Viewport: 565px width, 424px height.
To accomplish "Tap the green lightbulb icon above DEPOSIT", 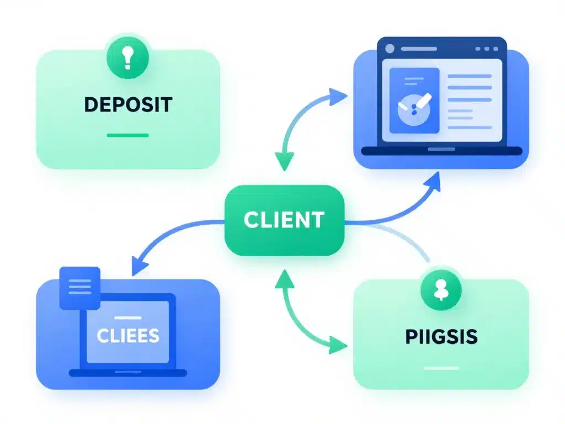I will pos(127,58).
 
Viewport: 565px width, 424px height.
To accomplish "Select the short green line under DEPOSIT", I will pos(127,135).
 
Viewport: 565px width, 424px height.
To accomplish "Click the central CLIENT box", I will pos(284,220).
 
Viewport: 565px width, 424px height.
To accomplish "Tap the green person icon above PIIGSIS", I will pos(440,291).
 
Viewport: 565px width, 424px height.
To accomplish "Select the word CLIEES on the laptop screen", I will pos(127,335).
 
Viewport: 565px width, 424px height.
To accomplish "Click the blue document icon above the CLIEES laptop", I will pos(79,287).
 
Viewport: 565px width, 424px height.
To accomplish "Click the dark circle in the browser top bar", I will pos(390,49).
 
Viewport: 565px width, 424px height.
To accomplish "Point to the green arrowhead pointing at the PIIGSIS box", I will pos(338,346).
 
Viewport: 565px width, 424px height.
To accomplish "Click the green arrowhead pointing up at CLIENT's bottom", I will pos(284,277).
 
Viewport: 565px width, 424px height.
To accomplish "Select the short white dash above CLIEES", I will pos(127,317).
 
